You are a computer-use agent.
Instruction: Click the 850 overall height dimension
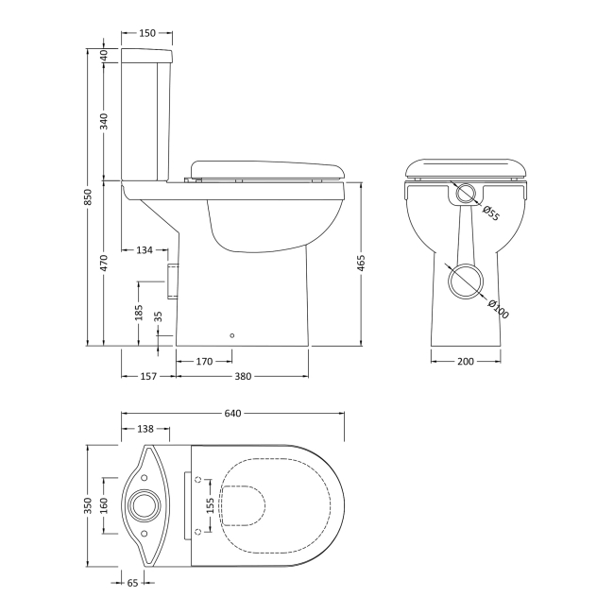click(87, 196)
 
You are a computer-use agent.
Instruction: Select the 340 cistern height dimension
click(104, 121)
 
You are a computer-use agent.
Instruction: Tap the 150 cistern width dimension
click(147, 33)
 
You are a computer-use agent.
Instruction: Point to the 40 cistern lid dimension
click(104, 54)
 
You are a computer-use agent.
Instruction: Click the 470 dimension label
click(104, 262)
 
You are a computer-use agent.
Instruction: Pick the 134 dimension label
click(145, 250)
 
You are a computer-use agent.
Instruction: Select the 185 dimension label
click(139, 313)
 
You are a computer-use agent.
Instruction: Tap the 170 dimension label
click(204, 361)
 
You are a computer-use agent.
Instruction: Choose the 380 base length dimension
click(242, 377)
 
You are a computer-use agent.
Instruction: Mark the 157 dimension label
click(147, 377)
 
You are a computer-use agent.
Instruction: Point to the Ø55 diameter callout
click(491, 213)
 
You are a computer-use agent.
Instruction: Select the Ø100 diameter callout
click(498, 309)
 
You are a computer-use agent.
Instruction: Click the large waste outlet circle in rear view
click(466, 281)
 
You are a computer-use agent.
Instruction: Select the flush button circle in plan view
click(147, 505)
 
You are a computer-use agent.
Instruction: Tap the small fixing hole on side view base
click(232, 333)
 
